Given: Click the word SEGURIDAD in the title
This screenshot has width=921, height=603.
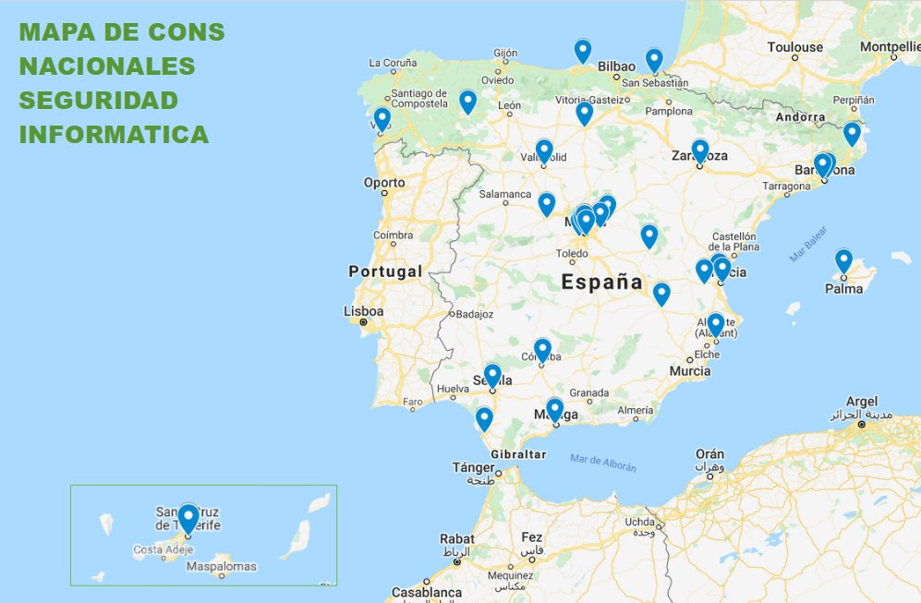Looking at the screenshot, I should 99,100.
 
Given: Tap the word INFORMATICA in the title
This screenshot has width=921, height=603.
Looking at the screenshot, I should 114,134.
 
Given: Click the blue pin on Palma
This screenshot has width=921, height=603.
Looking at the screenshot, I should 843,260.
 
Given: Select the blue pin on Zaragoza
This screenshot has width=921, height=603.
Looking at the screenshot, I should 700,151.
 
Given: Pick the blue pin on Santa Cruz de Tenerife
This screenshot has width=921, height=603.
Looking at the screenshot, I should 188,517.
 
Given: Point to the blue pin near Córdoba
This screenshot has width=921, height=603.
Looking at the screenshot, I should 542,350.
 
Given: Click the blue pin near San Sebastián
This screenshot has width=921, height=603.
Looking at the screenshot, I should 654,60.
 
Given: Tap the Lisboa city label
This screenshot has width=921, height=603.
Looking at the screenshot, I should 362,311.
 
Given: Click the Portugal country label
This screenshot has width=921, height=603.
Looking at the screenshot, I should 385,271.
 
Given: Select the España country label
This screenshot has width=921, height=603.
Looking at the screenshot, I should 602,283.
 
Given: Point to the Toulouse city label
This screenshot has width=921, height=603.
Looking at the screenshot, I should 794,47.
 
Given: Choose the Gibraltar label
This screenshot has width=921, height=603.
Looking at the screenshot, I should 518,454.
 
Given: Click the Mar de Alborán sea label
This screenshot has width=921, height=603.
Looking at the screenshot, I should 603,463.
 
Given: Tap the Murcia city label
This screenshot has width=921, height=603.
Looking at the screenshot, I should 690,371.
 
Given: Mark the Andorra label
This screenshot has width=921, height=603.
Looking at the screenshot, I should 801,117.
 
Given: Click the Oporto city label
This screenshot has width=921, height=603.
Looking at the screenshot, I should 384,183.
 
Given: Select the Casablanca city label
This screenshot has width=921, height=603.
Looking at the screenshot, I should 426,592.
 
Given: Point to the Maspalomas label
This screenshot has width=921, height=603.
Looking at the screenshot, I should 222,566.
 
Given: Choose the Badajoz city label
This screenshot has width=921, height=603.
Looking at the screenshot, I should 474,314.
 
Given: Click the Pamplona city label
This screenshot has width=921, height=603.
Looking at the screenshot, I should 669,111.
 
